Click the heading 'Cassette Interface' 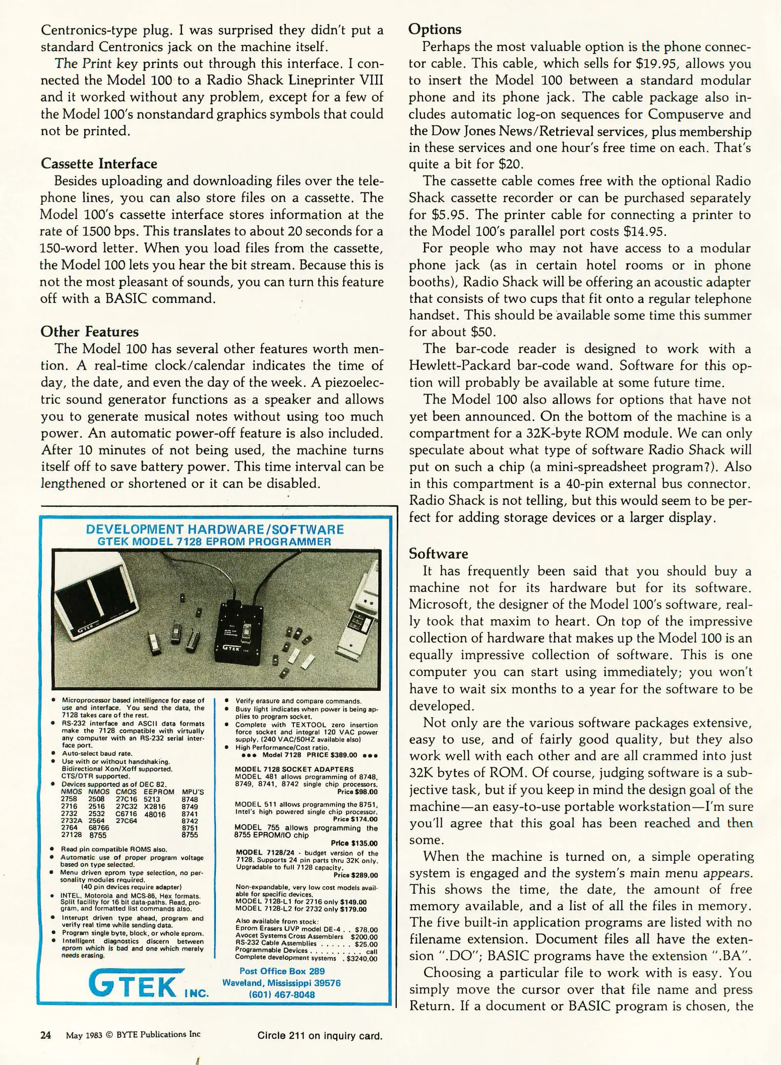pyautogui.click(x=99, y=164)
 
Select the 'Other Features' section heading pyautogui.click(x=89, y=332)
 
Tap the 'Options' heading pyautogui.click(x=435, y=29)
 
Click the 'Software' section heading pyautogui.click(x=438, y=554)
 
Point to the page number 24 pyautogui.click(x=45, y=1035)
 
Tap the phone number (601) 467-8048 pyautogui.click(x=282, y=994)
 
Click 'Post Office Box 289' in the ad pyautogui.click(x=282, y=971)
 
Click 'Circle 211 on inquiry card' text pyautogui.click(x=319, y=1035)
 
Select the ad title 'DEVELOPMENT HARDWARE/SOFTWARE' pyautogui.click(x=214, y=530)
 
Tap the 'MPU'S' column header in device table pyautogui.click(x=192, y=792)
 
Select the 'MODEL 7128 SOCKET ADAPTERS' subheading pyautogui.click(x=294, y=769)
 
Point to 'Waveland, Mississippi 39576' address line pyautogui.click(x=282, y=983)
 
